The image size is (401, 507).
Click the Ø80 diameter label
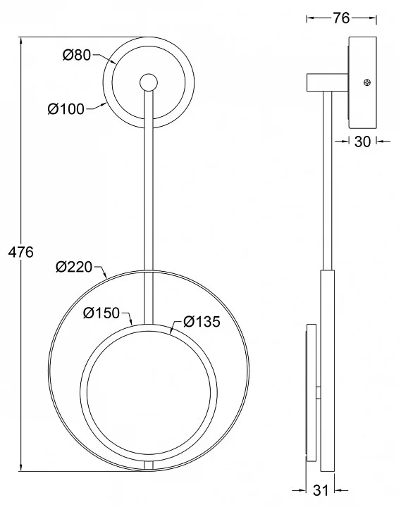tap(76, 55)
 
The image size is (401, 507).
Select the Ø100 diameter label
tap(66, 109)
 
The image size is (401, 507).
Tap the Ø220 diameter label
tap(74, 267)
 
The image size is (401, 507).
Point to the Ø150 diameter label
tap(101, 313)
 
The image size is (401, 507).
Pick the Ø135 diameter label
tap(202, 321)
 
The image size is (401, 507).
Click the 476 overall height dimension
tap(20, 252)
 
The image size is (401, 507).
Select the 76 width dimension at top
tap(341, 18)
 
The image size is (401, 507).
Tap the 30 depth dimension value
tap(362, 142)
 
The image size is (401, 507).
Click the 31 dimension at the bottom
tap(321, 490)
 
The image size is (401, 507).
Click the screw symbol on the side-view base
tap(367, 83)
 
